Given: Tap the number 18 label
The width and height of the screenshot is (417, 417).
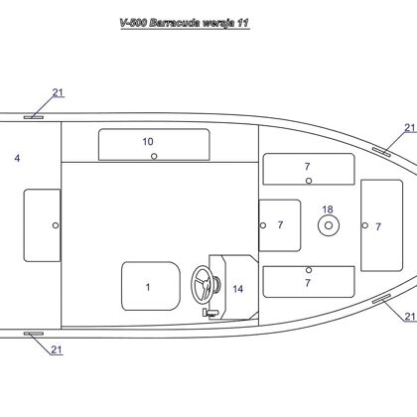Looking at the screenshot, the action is [x=328, y=209].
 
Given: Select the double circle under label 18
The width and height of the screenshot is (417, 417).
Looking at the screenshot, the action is [x=329, y=225].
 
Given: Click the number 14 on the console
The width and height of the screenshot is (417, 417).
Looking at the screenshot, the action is [x=238, y=289].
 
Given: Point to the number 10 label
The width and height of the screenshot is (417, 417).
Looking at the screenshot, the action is [x=148, y=142].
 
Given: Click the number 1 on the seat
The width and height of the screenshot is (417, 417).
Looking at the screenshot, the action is [x=148, y=287].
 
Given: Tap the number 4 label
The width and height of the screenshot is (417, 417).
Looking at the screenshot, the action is [x=17, y=158].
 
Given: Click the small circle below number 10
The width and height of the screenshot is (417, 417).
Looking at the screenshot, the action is [x=154, y=156].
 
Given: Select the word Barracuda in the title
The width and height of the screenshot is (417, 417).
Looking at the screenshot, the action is [x=175, y=23].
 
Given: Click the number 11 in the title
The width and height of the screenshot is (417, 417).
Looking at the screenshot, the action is [x=242, y=23].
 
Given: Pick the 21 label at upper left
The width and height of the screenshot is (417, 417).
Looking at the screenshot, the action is [x=58, y=92].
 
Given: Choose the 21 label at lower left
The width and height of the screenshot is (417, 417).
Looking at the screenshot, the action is [x=57, y=349].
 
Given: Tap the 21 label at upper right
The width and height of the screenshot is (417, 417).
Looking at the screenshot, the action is [x=410, y=128].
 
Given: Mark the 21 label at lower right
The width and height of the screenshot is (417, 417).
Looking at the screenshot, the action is [x=410, y=317].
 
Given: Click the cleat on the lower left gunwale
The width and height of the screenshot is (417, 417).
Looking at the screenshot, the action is [x=34, y=334].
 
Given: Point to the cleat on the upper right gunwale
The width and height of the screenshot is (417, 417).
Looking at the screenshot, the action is [x=381, y=152].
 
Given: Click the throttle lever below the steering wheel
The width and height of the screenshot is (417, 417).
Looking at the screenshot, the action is [x=210, y=313].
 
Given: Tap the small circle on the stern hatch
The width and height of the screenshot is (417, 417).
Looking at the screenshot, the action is [x=56, y=225].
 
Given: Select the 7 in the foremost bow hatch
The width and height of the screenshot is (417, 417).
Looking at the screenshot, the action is [x=378, y=226].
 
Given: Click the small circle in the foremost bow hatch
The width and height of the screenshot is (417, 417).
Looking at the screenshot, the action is [x=364, y=225].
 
